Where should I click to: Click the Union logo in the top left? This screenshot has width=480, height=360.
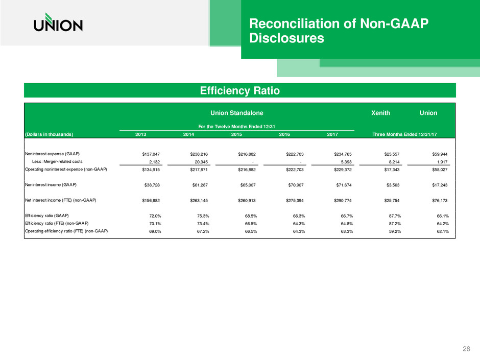click(58, 23)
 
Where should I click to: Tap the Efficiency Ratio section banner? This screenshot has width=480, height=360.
click(239, 91)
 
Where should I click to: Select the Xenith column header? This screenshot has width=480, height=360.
click(382, 111)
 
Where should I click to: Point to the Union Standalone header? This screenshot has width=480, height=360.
click(237, 111)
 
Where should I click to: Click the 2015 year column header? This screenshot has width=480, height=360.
click(237, 134)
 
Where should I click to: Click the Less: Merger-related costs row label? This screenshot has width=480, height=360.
click(57, 161)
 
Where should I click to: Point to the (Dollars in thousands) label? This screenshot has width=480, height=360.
click(50, 134)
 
